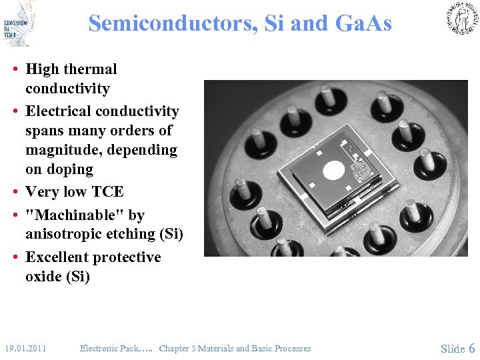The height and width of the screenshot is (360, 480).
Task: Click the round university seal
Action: [x=462, y=18]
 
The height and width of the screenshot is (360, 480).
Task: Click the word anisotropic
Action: [x=67, y=234]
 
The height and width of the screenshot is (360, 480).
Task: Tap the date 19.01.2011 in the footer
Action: [x=25, y=348]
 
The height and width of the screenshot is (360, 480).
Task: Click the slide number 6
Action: [x=472, y=348]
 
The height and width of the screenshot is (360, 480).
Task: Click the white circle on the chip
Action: [x=333, y=171]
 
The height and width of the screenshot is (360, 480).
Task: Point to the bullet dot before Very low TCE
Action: [x=14, y=192]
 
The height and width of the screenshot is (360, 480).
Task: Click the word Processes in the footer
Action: [x=288, y=348]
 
